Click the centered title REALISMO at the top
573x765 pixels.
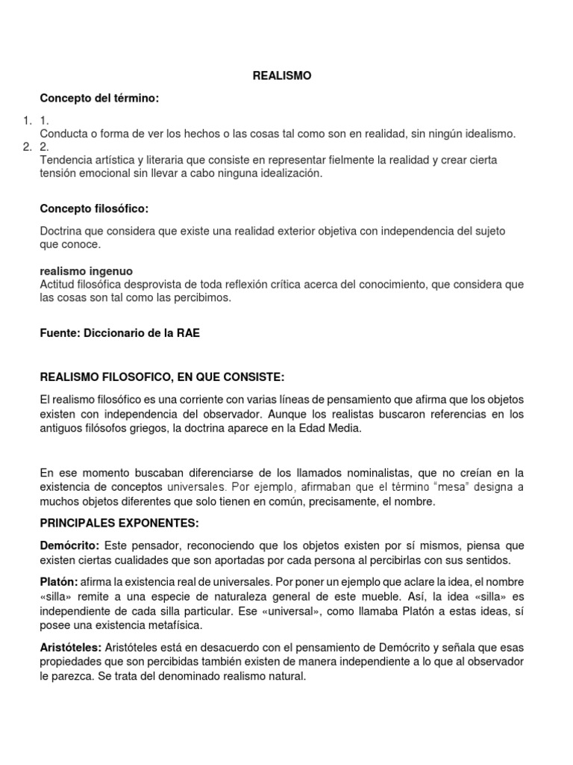pos(281,75)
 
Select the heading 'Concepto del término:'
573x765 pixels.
pos(99,99)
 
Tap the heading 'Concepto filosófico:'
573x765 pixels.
pos(99,208)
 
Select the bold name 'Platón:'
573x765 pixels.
pos(58,582)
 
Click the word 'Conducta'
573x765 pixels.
pos(63,134)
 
